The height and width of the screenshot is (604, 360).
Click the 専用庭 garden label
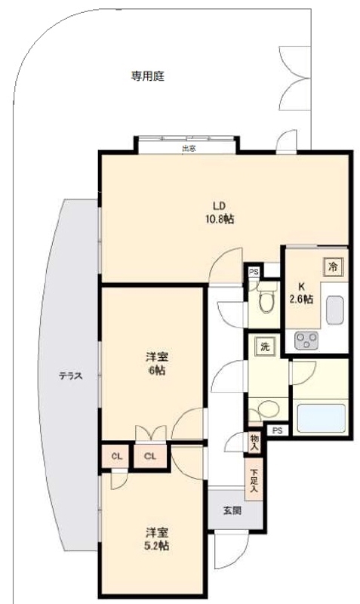click(148, 75)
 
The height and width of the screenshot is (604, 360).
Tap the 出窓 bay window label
click(189, 149)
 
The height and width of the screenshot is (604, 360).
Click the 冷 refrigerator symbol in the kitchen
click(333, 266)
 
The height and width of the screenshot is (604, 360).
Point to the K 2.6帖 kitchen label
click(300, 292)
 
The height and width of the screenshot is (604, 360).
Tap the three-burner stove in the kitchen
click(307, 341)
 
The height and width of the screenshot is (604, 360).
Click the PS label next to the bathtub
click(278, 431)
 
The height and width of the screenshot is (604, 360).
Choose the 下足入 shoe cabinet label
click(254, 480)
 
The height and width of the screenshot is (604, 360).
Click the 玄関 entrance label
click(231, 510)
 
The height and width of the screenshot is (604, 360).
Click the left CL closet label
click(117, 456)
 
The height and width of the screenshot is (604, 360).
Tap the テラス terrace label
click(71, 375)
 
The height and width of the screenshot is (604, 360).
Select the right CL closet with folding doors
click(150, 456)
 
